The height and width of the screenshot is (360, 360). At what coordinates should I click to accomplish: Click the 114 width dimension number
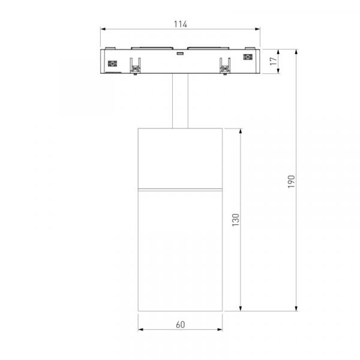pyautogui.click(x=181, y=24)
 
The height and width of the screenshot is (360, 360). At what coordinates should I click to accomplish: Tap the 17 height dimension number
pyautogui.click(x=273, y=61)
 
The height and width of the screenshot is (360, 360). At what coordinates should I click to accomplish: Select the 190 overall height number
pyautogui.click(x=291, y=181)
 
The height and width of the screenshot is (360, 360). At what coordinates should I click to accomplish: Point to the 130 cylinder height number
pyautogui.click(x=236, y=220)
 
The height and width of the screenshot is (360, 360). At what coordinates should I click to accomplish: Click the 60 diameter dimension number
pyautogui.click(x=180, y=325)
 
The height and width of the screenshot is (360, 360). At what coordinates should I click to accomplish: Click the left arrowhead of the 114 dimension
pyautogui.click(x=103, y=29)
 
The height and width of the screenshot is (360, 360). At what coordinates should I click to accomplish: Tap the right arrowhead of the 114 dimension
pyautogui.click(x=257, y=29)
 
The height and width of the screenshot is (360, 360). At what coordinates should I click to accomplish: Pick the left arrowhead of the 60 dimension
pyautogui.click(x=140, y=329)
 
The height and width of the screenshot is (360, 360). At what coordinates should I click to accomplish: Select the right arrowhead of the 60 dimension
pyautogui.click(x=220, y=329)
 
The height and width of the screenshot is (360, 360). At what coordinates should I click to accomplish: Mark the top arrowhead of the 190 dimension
pyautogui.click(x=296, y=52)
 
